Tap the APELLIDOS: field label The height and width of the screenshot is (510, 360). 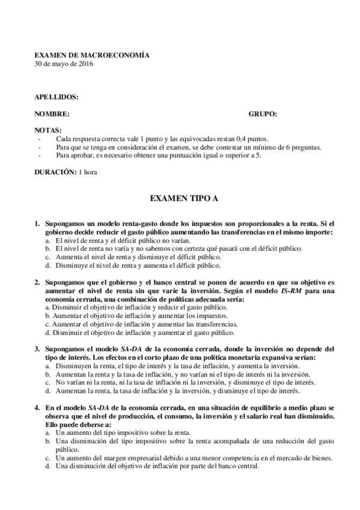[x=56, y=97]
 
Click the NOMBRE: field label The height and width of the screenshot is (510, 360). [x=52, y=113]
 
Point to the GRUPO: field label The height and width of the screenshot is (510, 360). [x=263, y=113]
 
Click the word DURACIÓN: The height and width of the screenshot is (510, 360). [x=55, y=172]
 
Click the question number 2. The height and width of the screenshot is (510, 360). [x=37, y=281]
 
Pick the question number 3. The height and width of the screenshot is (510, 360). [x=37, y=348]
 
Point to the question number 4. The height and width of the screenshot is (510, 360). [x=37, y=407]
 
